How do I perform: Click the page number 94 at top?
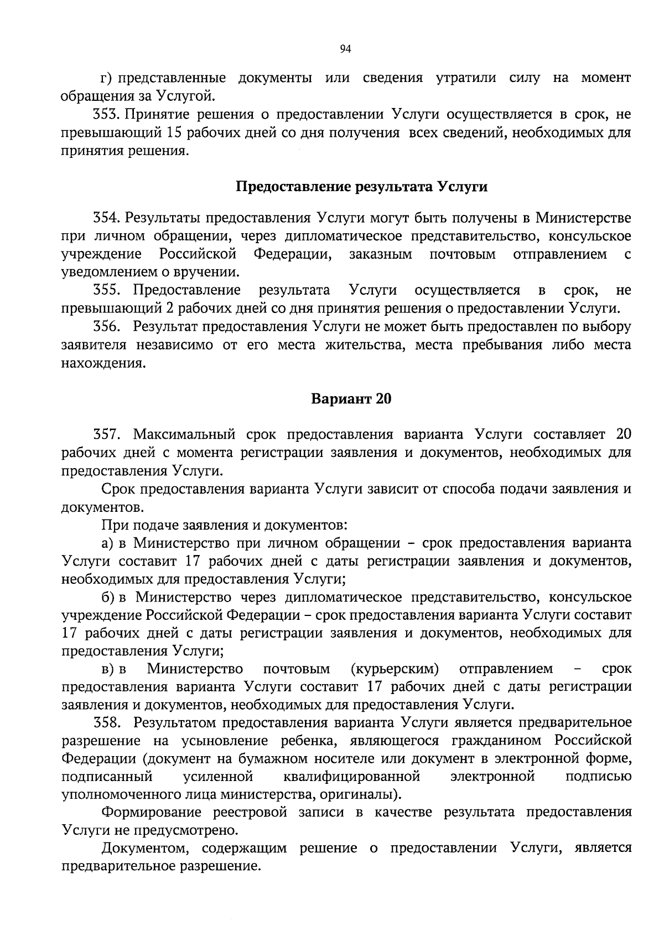(x=345, y=49)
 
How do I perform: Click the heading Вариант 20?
(x=351, y=399)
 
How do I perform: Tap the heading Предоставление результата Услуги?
(x=362, y=187)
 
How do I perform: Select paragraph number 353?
(x=106, y=115)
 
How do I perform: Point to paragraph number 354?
(x=106, y=218)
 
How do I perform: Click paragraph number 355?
(x=106, y=290)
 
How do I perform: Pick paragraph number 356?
(x=106, y=327)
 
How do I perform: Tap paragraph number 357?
(x=106, y=435)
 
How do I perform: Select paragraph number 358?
(x=106, y=723)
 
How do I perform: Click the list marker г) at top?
(x=106, y=79)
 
